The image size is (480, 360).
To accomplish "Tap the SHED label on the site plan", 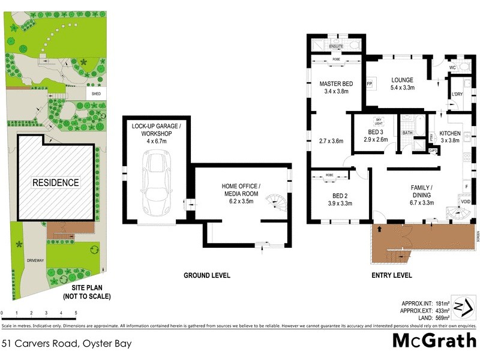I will pyautogui.click(x=96, y=94).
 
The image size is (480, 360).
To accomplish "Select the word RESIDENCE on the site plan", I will pyautogui.click(x=55, y=182).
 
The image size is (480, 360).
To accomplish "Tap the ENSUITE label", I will pyautogui.click(x=336, y=46).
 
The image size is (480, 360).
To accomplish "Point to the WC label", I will pyautogui.click(x=453, y=68).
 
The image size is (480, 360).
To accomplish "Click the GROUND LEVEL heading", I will pyautogui.click(x=206, y=275).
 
